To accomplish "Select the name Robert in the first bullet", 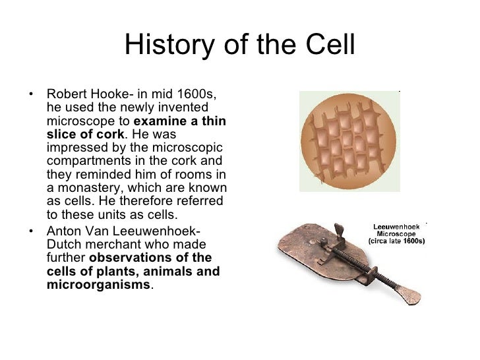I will tap(67, 94).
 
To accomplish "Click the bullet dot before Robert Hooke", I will tap(33, 94).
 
